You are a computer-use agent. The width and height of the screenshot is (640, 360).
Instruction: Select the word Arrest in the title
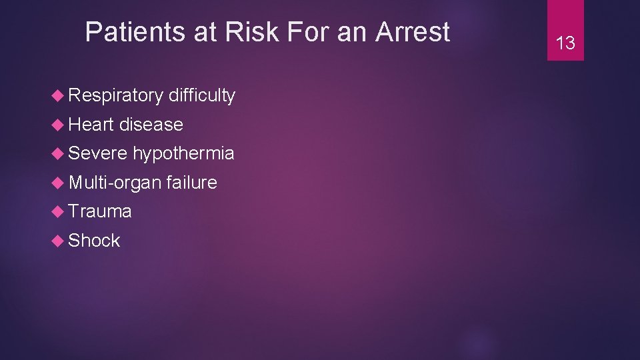413,32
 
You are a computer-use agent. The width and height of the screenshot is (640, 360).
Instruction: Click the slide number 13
565,44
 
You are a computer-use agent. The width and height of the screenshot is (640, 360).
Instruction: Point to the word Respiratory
115,96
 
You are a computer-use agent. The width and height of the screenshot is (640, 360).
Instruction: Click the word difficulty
202,96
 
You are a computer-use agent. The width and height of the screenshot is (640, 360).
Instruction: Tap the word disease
151,125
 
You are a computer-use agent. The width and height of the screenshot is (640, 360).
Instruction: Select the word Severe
97,153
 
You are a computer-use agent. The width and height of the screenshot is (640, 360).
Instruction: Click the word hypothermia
183,154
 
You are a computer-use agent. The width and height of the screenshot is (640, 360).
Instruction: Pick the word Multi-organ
115,183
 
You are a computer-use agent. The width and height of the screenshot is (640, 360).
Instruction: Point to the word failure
192,182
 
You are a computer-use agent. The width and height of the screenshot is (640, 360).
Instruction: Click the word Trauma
100,211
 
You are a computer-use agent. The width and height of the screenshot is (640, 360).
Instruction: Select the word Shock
94,240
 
